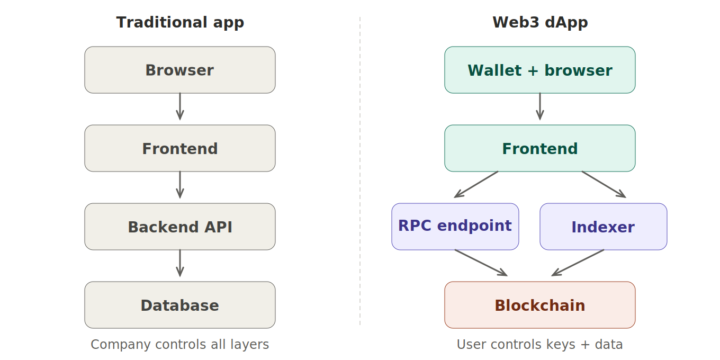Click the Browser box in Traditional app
180,70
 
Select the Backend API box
180,227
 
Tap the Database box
180,305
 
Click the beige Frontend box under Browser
180,148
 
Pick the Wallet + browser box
540,70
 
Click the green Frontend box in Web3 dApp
540,148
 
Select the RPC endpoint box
455,227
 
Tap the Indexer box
604,227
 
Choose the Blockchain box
540,305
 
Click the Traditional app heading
180,22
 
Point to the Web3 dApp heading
540,22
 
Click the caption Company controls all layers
180,345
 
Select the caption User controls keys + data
540,345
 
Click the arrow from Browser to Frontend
180,106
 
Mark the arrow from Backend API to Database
180,263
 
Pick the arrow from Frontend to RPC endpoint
476,184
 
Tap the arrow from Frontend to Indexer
604,184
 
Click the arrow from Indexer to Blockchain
578,263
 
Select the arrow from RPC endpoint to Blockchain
481,263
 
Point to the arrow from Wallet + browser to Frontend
540,106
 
